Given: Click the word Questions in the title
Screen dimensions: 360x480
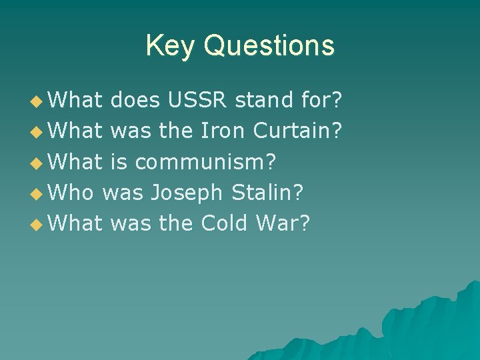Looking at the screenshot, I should click(269, 46).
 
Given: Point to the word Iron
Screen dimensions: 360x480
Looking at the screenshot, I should click(224, 131).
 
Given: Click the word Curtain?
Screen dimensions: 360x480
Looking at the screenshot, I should click(298, 131).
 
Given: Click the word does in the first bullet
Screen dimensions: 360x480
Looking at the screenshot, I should click(135, 101).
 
